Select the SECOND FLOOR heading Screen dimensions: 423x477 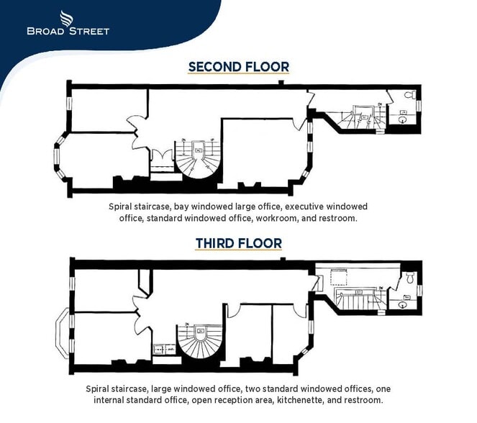coord(238,67)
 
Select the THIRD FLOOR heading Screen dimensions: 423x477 coord(238,244)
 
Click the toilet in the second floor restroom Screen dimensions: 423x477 coord(409,96)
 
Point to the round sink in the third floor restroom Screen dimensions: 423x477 coord(403,304)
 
